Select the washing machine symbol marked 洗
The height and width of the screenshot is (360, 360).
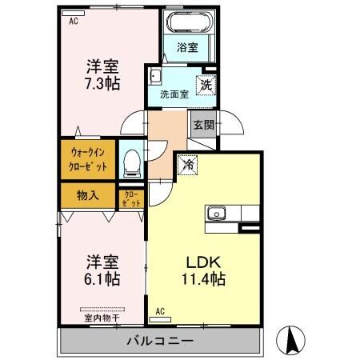[x=206, y=83]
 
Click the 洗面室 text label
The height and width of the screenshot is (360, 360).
[x=174, y=94]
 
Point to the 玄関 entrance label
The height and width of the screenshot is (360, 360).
[x=202, y=125]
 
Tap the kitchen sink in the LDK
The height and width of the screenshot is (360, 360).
[x=218, y=213]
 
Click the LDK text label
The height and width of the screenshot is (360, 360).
[x=203, y=262]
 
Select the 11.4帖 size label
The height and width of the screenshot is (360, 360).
[x=203, y=279]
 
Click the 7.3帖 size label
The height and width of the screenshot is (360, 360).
[x=102, y=82]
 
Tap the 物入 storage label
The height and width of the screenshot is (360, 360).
[x=88, y=194]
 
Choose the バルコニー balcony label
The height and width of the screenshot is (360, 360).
[x=162, y=342]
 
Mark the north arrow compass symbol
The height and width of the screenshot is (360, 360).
[x=291, y=342]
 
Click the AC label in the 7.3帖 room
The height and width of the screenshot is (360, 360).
[x=73, y=22]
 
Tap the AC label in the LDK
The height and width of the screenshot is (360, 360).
[x=160, y=311]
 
